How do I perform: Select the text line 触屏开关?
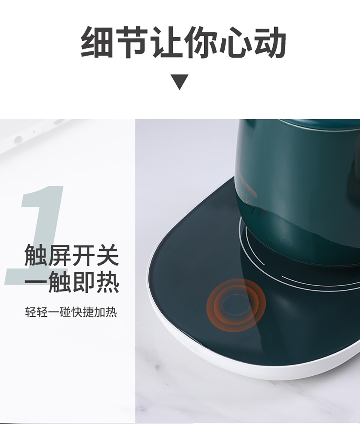coord(72,255)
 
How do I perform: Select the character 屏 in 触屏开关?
coord(59,255)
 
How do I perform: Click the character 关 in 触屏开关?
coord(108,255)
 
